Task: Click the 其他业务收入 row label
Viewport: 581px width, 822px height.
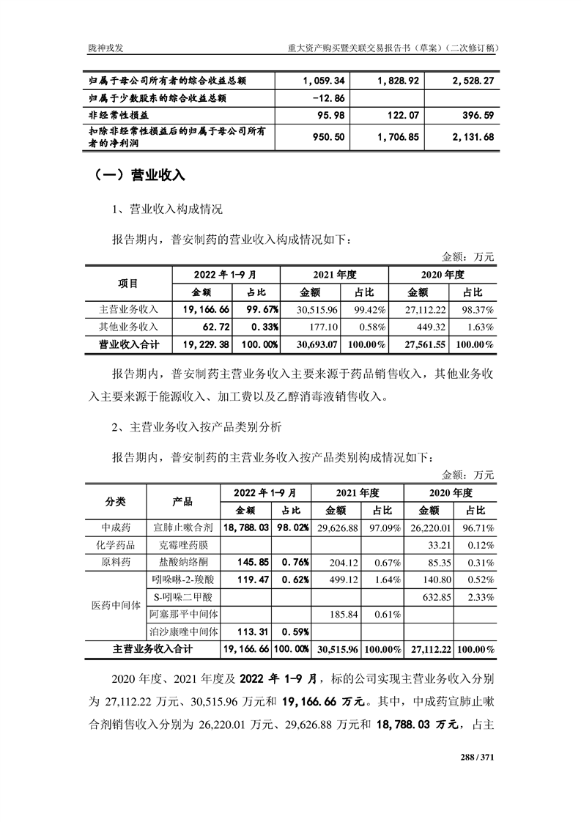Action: (x=128, y=327)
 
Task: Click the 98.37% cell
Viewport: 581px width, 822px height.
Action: (x=475, y=310)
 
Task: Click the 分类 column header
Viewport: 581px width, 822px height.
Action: (x=116, y=502)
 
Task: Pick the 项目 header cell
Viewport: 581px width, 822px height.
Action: (x=128, y=284)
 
